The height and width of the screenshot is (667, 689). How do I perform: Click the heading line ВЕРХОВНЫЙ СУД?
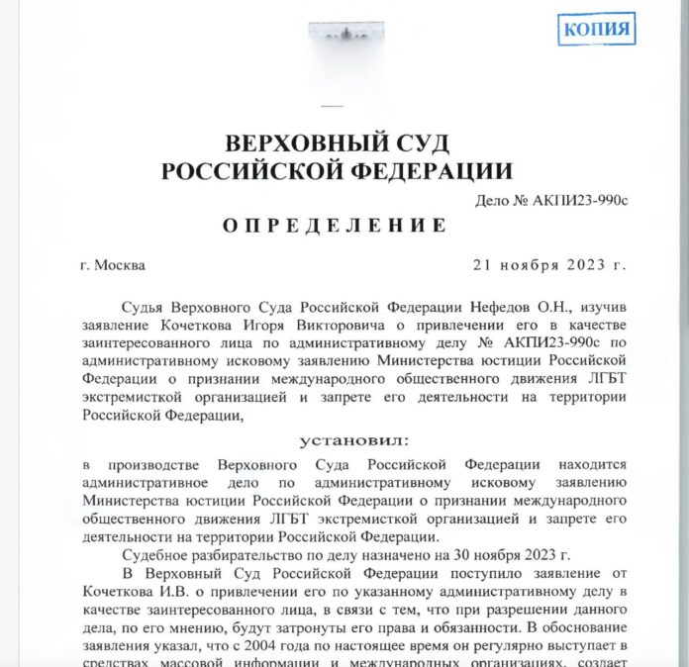point(338,140)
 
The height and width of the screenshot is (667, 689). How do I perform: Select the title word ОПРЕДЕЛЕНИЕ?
point(335,225)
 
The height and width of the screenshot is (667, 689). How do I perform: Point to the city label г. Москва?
point(114,265)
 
